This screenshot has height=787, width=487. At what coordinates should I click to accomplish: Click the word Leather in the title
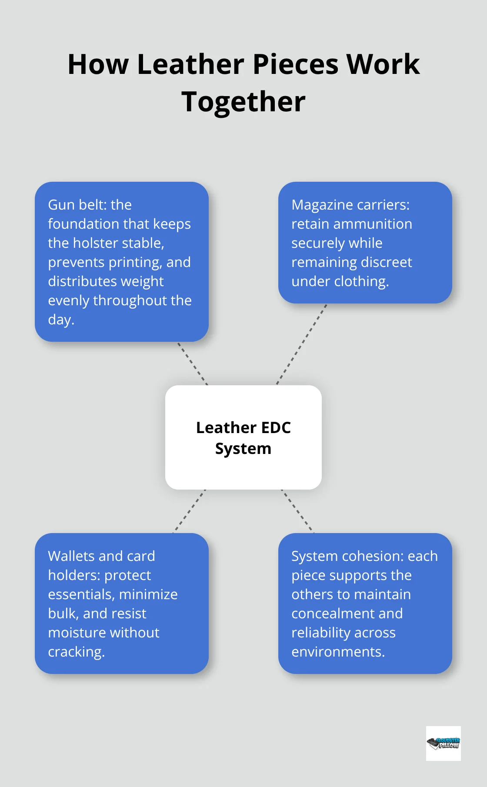tap(190, 64)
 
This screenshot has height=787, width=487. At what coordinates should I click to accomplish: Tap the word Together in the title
tap(243, 102)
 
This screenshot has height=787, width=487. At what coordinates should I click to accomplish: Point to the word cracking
tap(76, 652)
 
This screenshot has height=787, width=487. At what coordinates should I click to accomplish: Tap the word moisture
tap(75, 633)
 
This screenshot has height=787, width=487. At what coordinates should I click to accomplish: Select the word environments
tap(337, 652)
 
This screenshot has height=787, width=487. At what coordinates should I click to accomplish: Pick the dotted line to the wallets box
tap(190, 511)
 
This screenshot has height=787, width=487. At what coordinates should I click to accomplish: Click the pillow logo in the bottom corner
tap(443, 743)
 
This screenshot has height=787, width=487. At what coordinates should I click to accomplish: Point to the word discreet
tap(386, 262)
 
